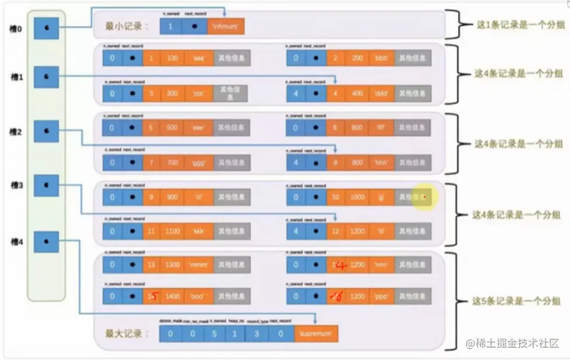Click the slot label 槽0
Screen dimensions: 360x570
16,28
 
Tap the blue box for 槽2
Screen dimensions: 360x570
46,131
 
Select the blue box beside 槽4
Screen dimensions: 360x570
46,241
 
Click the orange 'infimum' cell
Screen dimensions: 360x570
225,26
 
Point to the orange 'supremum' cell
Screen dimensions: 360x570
316,334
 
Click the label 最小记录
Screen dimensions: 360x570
127,26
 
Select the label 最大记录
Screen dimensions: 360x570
127,334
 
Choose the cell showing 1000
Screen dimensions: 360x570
357,198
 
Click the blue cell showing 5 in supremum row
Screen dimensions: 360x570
214,334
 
